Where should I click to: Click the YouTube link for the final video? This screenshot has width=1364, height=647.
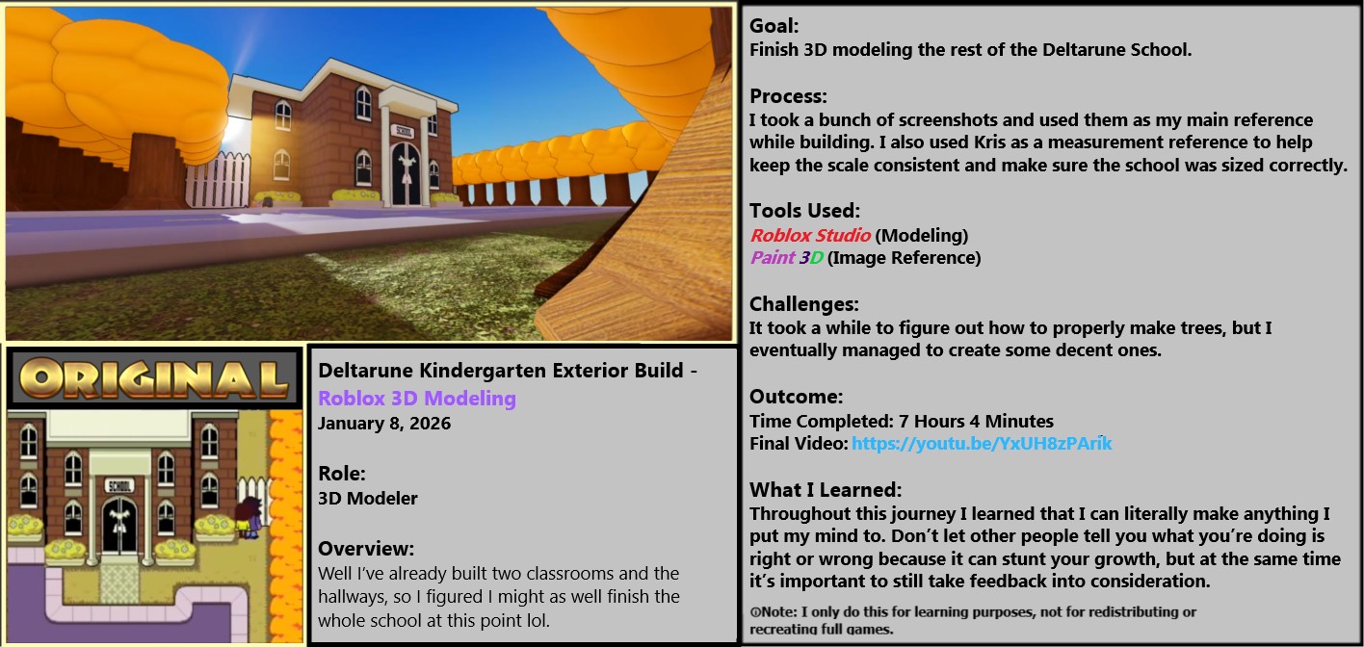pyautogui.click(x=982, y=443)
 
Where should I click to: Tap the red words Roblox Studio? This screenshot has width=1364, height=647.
pyautogui.click(x=810, y=235)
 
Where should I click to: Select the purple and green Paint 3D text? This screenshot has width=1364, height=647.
pyautogui.click(x=786, y=257)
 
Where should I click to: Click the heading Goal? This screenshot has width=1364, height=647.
pyautogui.click(x=774, y=26)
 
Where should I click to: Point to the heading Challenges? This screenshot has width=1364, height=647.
pyautogui.click(x=803, y=303)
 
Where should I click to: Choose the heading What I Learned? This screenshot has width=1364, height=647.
pyautogui.click(x=826, y=489)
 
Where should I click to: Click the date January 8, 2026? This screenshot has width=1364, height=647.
pyautogui.click(x=384, y=423)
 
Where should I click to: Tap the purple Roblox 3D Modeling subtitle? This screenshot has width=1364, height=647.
pyautogui.click(x=417, y=398)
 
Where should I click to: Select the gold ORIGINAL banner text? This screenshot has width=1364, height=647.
pyautogui.click(x=153, y=378)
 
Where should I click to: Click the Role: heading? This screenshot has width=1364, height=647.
pyautogui.click(x=342, y=474)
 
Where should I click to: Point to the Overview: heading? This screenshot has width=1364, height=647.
pyautogui.click(x=366, y=549)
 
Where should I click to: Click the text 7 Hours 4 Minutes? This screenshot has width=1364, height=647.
pyautogui.click(x=976, y=421)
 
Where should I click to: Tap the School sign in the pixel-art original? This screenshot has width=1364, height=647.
pyautogui.click(x=119, y=485)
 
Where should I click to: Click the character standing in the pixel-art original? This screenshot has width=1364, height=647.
pyautogui.click(x=249, y=517)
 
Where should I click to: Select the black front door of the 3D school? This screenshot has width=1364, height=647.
pyautogui.click(x=406, y=173)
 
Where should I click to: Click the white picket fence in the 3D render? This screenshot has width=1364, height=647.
pyautogui.click(x=218, y=179)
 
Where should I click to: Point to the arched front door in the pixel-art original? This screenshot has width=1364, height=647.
pyautogui.click(x=119, y=526)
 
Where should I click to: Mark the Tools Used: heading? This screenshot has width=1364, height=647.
pyautogui.click(x=804, y=210)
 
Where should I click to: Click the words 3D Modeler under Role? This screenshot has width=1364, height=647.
pyautogui.click(x=368, y=498)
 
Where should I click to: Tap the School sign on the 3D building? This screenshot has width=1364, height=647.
pyautogui.click(x=405, y=131)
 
